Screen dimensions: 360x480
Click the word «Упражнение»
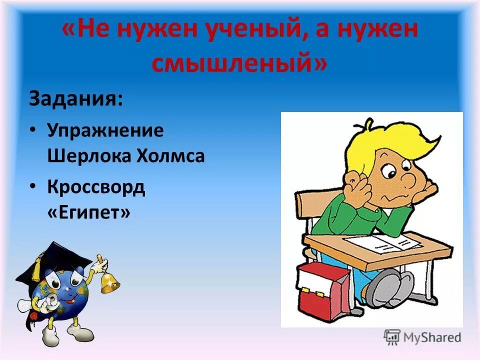(x=105, y=131)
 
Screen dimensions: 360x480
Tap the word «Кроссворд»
(x=96, y=187)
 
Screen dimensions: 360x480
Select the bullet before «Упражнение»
(x=32, y=129)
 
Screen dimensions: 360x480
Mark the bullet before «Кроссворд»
(x=32, y=185)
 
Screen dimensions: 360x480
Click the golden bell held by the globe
(x=109, y=282)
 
